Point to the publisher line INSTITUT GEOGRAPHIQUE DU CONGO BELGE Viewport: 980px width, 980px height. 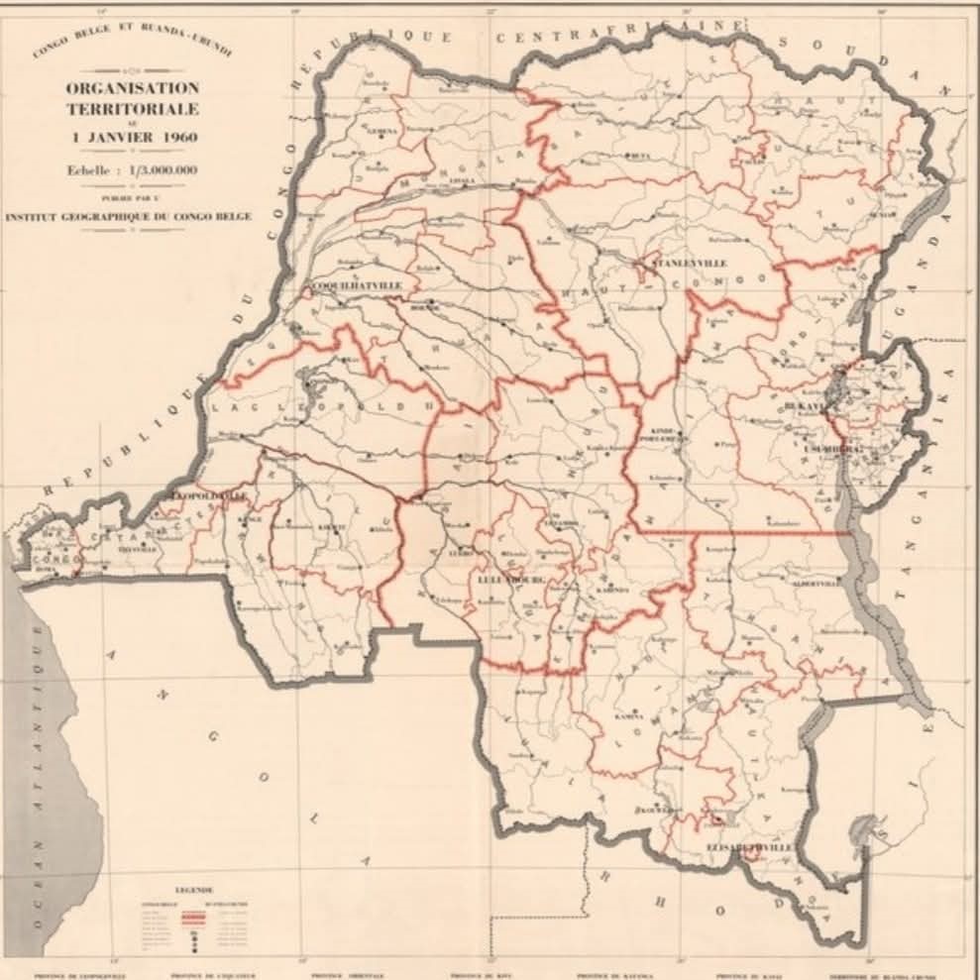[x=128, y=215]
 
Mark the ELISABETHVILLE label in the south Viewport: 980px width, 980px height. [x=750, y=849]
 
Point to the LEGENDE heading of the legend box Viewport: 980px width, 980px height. [x=194, y=889]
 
